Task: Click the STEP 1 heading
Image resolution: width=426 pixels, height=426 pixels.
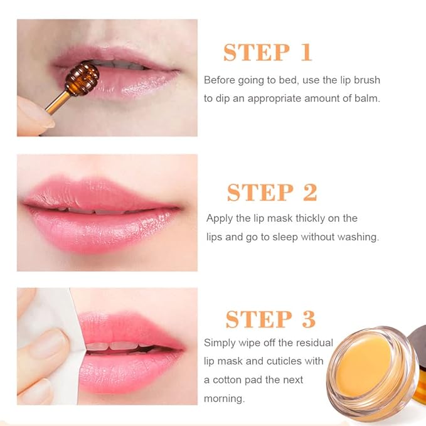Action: point(268,53)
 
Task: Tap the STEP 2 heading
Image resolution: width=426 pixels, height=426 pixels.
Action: point(272,193)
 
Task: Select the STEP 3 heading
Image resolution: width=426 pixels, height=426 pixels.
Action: point(270,319)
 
